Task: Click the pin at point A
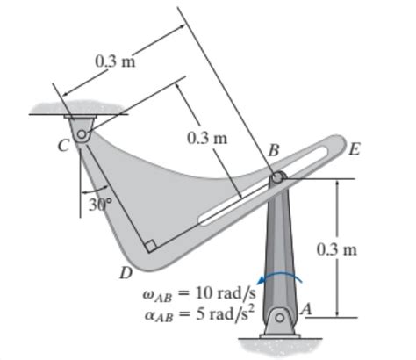[280, 317]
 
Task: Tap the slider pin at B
[277, 178]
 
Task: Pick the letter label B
[273, 152]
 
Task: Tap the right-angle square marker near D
[153, 247]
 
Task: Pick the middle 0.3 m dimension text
[207, 139]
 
